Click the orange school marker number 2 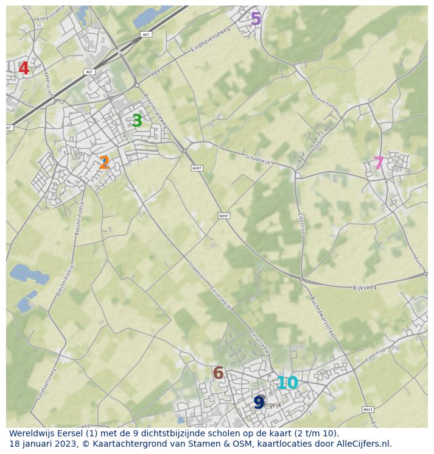[x=104, y=163]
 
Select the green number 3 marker [x=137, y=121]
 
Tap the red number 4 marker [x=24, y=69]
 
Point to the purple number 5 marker [x=256, y=19]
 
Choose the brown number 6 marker [x=218, y=373]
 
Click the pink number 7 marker [x=379, y=163]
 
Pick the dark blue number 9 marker [x=259, y=403]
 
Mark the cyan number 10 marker [x=287, y=383]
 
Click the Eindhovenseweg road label [x=211, y=39]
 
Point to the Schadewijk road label [x=257, y=158]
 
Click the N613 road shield [x=367, y=410]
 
